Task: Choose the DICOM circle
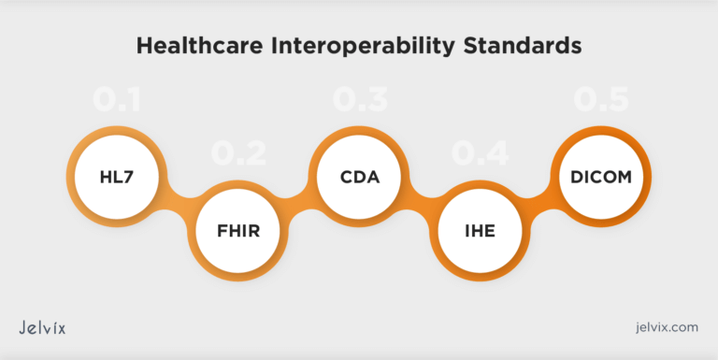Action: pyautogui.click(x=602, y=175)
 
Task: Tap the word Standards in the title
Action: pyautogui.click(x=521, y=45)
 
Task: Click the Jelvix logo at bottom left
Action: pyautogui.click(x=42, y=327)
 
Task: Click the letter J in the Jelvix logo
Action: pyautogui.click(x=22, y=328)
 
